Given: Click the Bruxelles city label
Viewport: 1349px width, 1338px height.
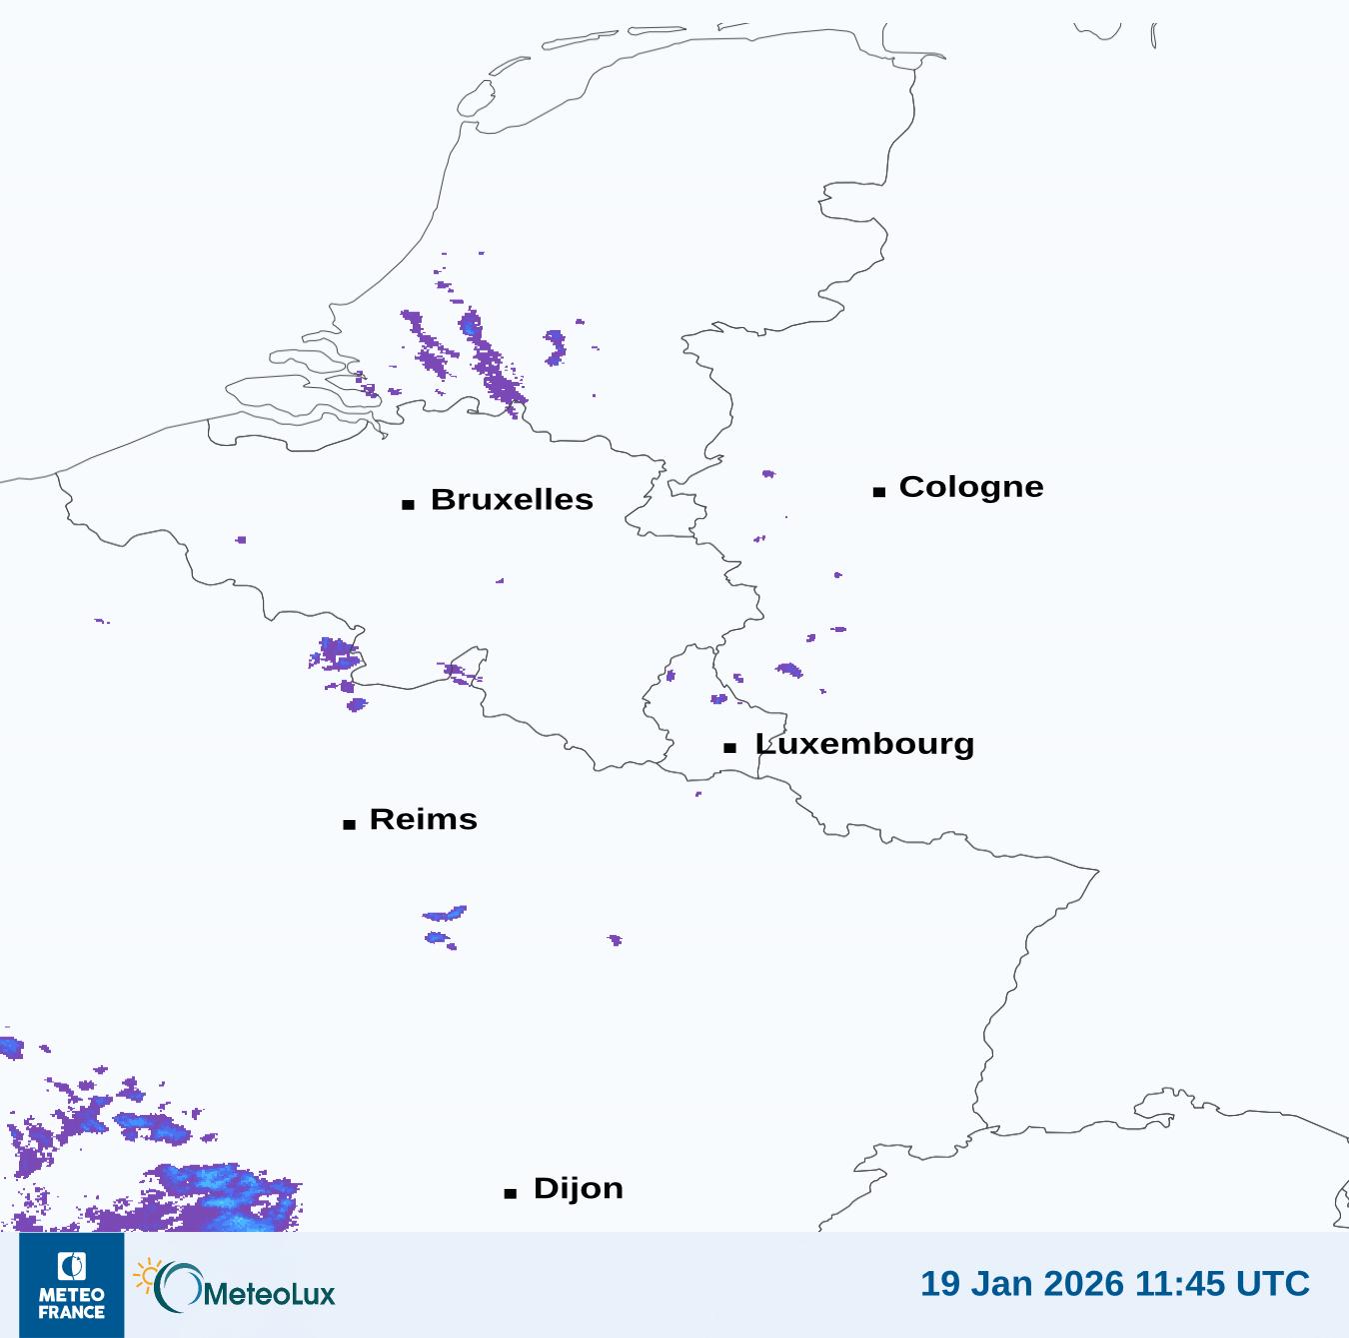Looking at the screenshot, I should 511,499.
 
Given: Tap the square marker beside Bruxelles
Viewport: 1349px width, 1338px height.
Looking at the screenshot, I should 408,504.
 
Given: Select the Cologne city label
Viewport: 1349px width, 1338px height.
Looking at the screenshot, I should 970,487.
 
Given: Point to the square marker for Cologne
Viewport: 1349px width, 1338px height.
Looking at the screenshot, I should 879,491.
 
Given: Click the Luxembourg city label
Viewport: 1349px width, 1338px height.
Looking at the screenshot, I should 864,744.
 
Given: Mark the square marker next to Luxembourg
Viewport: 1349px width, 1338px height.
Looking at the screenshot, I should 730,748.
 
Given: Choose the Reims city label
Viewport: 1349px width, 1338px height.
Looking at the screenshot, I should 423,819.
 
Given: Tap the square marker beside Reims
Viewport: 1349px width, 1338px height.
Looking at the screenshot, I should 349,824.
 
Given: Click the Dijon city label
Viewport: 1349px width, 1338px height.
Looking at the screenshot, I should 578,1188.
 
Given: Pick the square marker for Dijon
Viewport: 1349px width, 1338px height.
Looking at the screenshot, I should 510,1193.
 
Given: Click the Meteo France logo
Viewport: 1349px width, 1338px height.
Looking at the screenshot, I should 71,1285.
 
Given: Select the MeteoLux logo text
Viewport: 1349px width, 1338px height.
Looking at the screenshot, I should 268,1294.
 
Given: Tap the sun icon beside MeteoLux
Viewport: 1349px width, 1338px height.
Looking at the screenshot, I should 148,1275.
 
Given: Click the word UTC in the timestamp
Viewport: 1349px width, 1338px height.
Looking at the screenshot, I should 1272,1283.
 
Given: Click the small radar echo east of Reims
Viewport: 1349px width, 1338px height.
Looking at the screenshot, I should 615,939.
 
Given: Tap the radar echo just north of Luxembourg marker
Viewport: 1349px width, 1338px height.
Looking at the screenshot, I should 718,698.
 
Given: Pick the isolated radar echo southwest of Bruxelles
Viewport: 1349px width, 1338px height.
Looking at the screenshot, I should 241,540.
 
